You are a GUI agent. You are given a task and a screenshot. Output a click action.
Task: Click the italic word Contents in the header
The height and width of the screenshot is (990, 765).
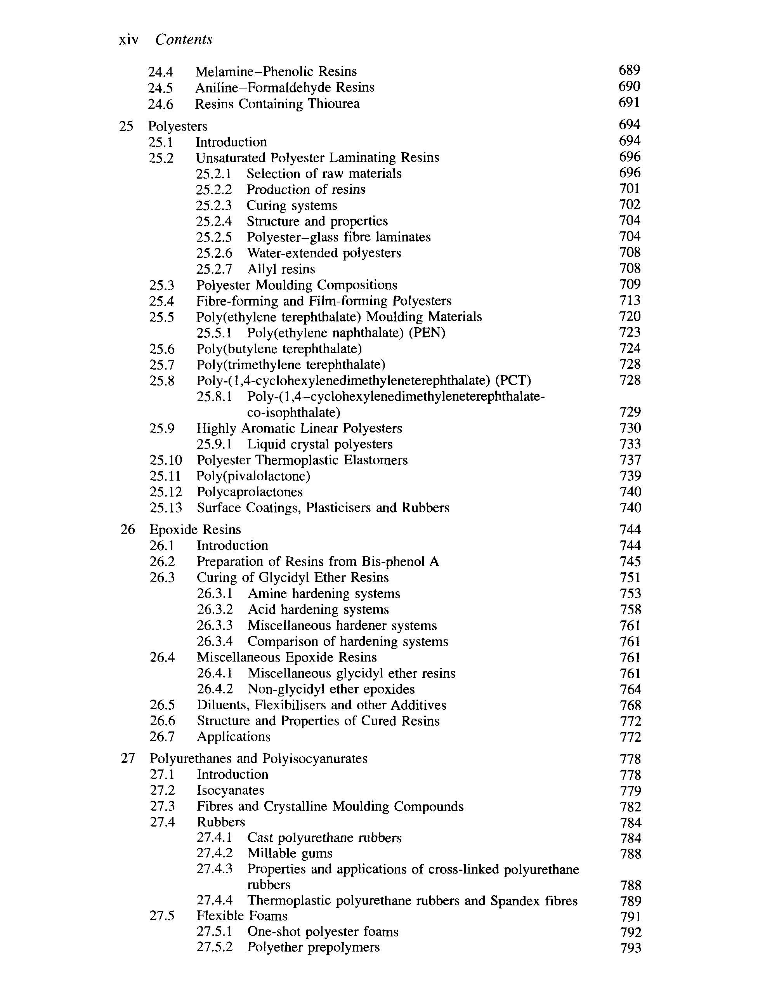(x=184, y=40)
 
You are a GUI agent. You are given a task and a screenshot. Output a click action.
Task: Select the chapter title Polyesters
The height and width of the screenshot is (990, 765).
(x=178, y=126)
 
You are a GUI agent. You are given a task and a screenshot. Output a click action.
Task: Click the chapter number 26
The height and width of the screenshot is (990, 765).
(x=128, y=530)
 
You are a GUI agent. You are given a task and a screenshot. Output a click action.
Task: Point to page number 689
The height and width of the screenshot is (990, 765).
(x=629, y=70)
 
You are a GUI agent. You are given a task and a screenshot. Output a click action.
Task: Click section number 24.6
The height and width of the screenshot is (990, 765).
(x=160, y=104)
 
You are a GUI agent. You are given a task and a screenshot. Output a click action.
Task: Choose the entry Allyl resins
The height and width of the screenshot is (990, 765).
(x=281, y=269)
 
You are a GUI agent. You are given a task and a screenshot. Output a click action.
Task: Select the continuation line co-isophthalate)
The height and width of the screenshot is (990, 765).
(x=294, y=412)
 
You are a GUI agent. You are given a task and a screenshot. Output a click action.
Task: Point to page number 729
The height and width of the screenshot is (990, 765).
(x=630, y=412)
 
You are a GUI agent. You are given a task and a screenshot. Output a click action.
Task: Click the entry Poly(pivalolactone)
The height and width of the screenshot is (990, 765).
(x=253, y=476)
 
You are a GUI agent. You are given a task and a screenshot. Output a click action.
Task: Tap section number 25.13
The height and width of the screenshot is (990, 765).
(x=166, y=508)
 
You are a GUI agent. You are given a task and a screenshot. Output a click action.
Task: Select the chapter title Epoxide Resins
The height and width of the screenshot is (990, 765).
(x=195, y=530)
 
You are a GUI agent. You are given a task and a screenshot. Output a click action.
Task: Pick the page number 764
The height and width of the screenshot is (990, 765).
(x=630, y=689)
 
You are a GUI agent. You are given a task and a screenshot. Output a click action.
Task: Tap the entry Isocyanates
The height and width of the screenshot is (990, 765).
(x=230, y=790)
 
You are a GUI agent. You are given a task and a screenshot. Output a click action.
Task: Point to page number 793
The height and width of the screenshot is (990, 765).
(x=630, y=947)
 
